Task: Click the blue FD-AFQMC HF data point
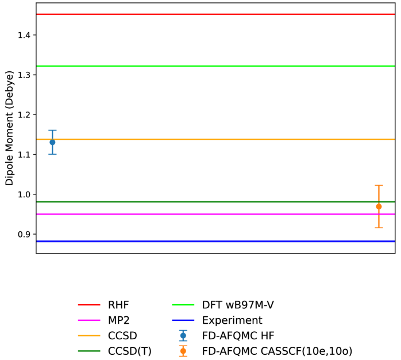tap(52, 142)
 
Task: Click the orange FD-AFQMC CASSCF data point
tap(379, 206)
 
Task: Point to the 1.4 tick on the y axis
tap(24, 36)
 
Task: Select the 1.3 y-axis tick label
tap(24, 75)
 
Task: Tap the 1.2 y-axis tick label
tap(24, 115)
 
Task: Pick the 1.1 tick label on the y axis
tap(24, 155)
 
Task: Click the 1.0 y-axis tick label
tap(24, 194)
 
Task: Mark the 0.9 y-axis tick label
tap(24, 235)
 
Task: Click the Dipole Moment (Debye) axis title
tap(9, 128)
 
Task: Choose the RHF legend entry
tap(118, 305)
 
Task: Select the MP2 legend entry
tap(119, 320)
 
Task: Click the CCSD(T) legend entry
tap(129, 351)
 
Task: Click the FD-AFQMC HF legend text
tap(238, 336)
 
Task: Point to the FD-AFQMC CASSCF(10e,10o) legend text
tap(277, 351)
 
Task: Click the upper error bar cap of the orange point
tap(379, 185)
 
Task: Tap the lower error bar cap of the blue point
tap(52, 154)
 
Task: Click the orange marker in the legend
tap(183, 351)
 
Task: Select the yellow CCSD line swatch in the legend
tap(89, 336)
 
